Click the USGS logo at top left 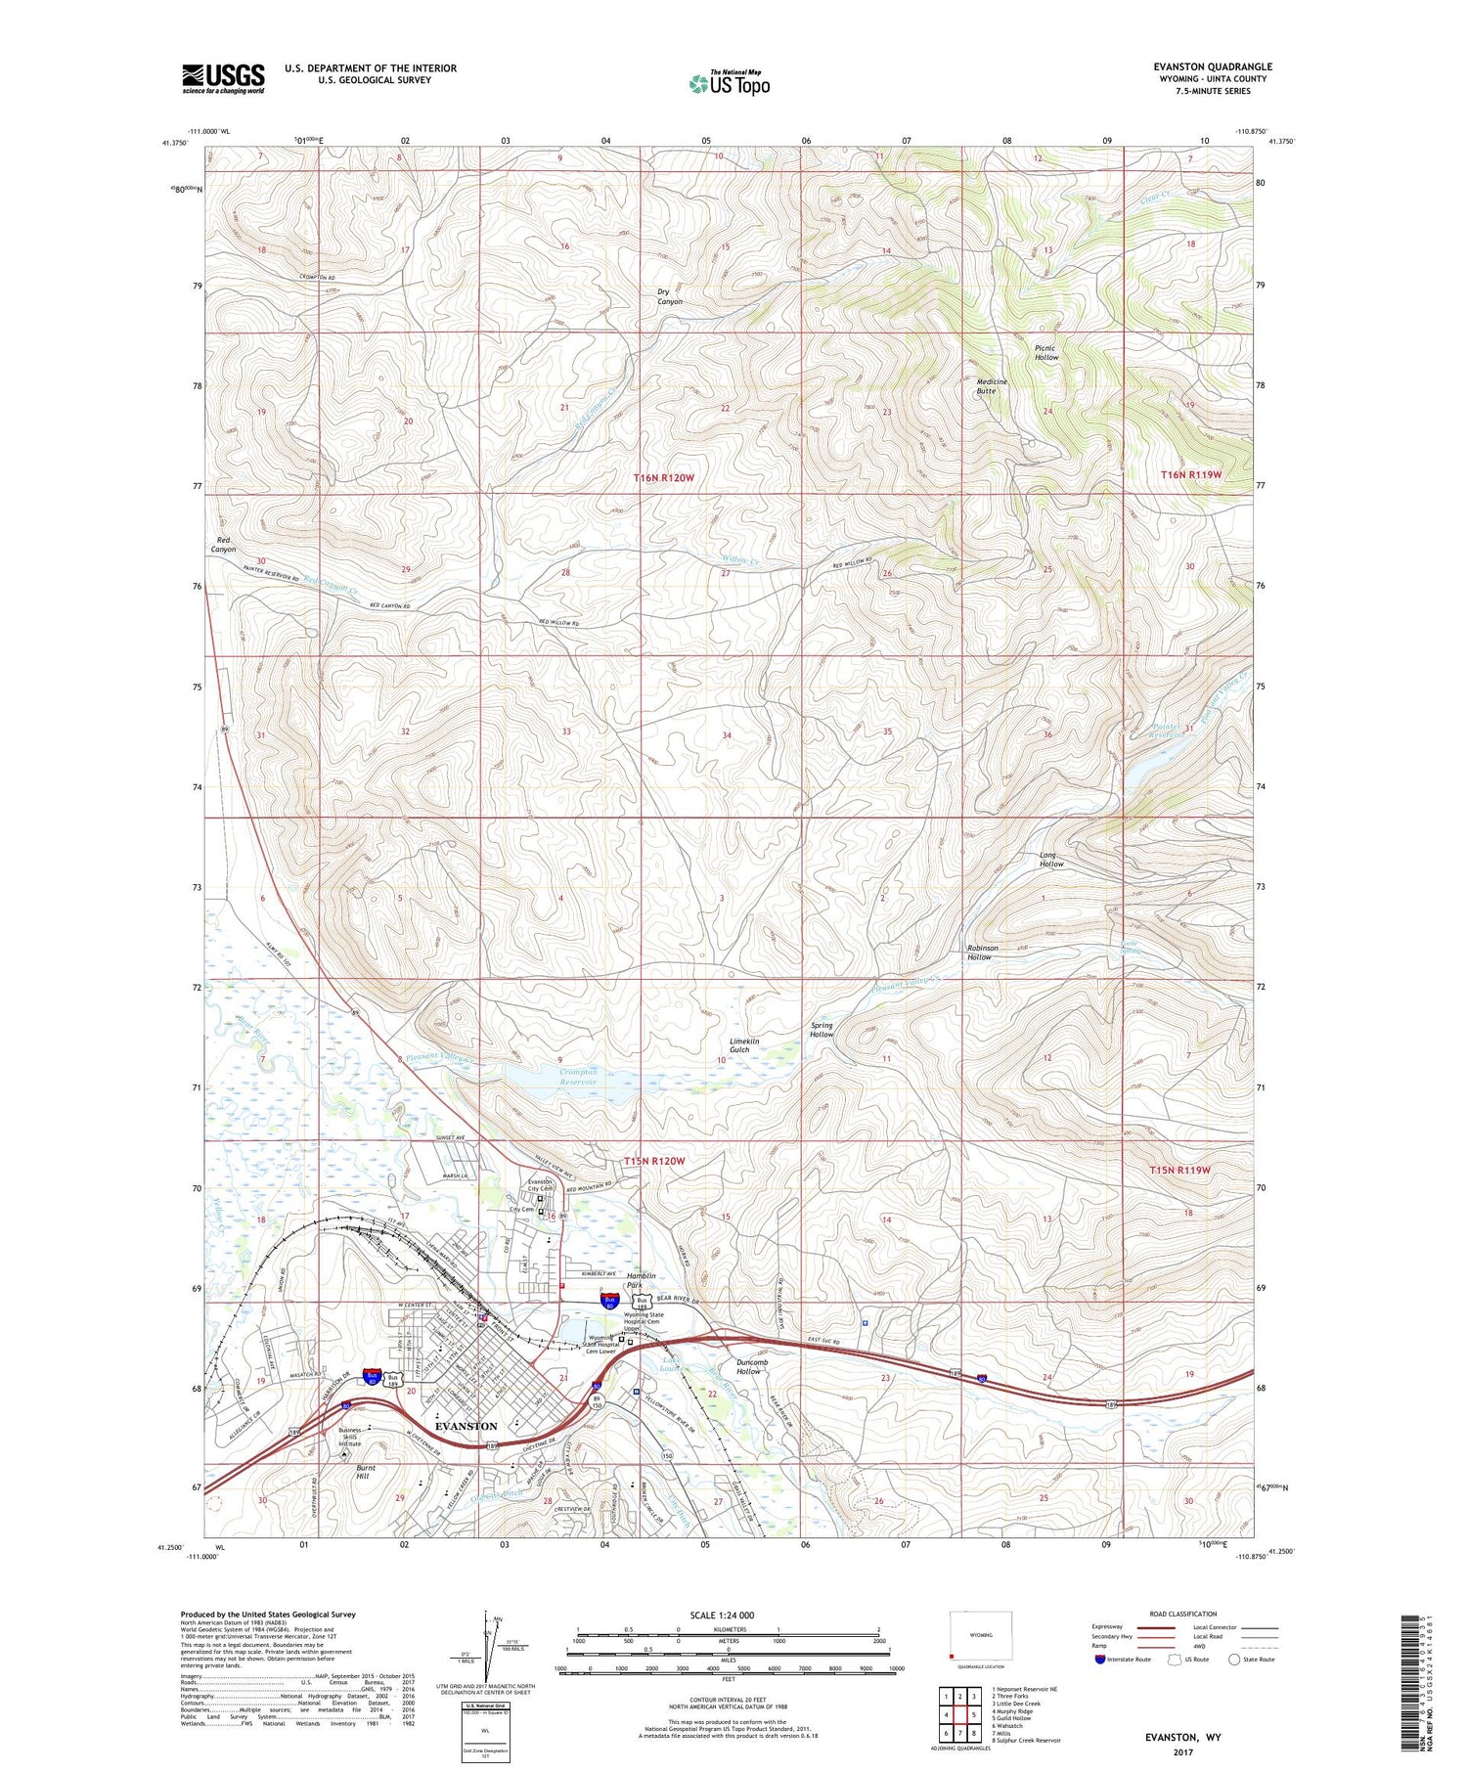(x=223, y=78)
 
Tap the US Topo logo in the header (x=729, y=83)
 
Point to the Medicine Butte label (x=991, y=386)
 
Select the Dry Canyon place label (x=670, y=297)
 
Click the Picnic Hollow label (x=1046, y=353)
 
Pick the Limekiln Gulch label (x=744, y=1045)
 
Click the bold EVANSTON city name (x=466, y=1427)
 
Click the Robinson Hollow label (x=982, y=953)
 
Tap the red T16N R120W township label (x=664, y=477)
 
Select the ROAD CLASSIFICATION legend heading (x=1183, y=1614)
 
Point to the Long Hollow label (x=1051, y=860)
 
